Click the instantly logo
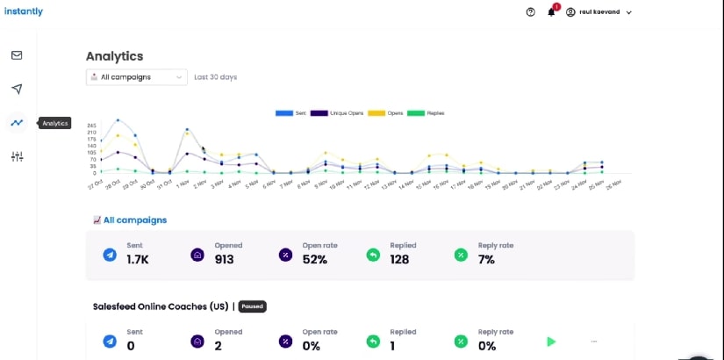[22, 11]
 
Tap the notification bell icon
[551, 12]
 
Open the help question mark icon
[530, 12]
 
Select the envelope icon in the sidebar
[17, 55]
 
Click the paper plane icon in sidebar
[17, 89]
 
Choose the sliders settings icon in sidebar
[17, 156]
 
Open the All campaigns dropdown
[136, 77]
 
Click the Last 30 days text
[215, 77]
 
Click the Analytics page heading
[114, 56]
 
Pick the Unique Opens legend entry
[337, 113]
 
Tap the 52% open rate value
[315, 260]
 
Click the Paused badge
[252, 306]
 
